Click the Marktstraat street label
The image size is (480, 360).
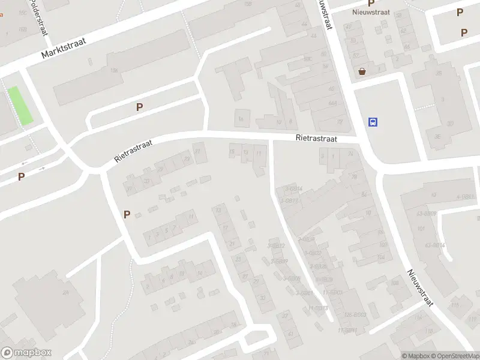click(64, 47)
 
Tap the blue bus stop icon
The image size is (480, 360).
click(373, 122)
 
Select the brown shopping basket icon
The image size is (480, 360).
click(362, 72)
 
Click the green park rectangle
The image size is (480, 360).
click(20, 106)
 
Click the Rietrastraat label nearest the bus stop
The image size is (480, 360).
click(316, 139)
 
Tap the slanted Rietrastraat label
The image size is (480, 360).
click(134, 151)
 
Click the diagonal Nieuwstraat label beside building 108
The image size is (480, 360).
click(420, 287)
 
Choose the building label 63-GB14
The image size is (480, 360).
click(434, 245)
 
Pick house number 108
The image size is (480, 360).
click(395, 283)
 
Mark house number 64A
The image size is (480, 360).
click(332, 103)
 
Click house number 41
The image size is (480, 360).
click(291, 333)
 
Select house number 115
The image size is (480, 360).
click(454, 305)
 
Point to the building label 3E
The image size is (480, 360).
click(437, 137)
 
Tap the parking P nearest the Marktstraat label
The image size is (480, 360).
click(139, 107)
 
